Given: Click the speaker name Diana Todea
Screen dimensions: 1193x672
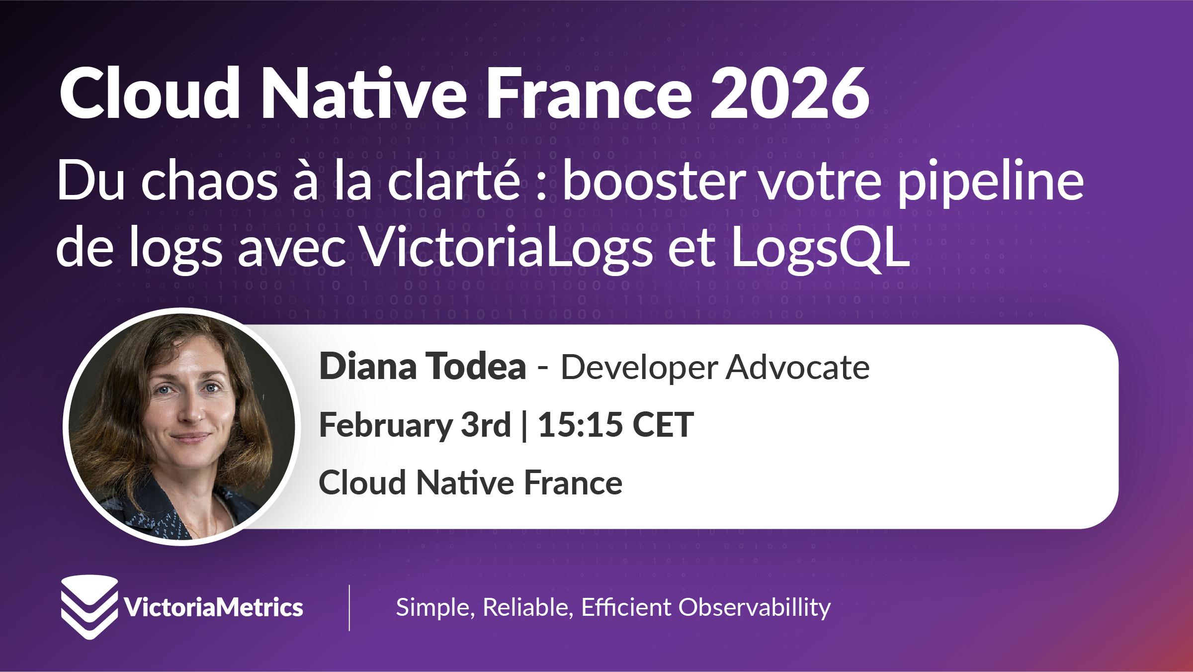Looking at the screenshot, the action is [x=423, y=367].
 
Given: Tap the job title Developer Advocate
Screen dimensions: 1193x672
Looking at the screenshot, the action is [x=715, y=367].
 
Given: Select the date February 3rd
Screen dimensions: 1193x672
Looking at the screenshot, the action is [x=415, y=425].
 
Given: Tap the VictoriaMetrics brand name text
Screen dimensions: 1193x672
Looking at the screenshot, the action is [x=212, y=607].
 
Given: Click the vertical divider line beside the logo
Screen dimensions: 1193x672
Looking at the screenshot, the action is [x=349, y=608].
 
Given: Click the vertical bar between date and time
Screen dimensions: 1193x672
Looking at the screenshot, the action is [x=524, y=425].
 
